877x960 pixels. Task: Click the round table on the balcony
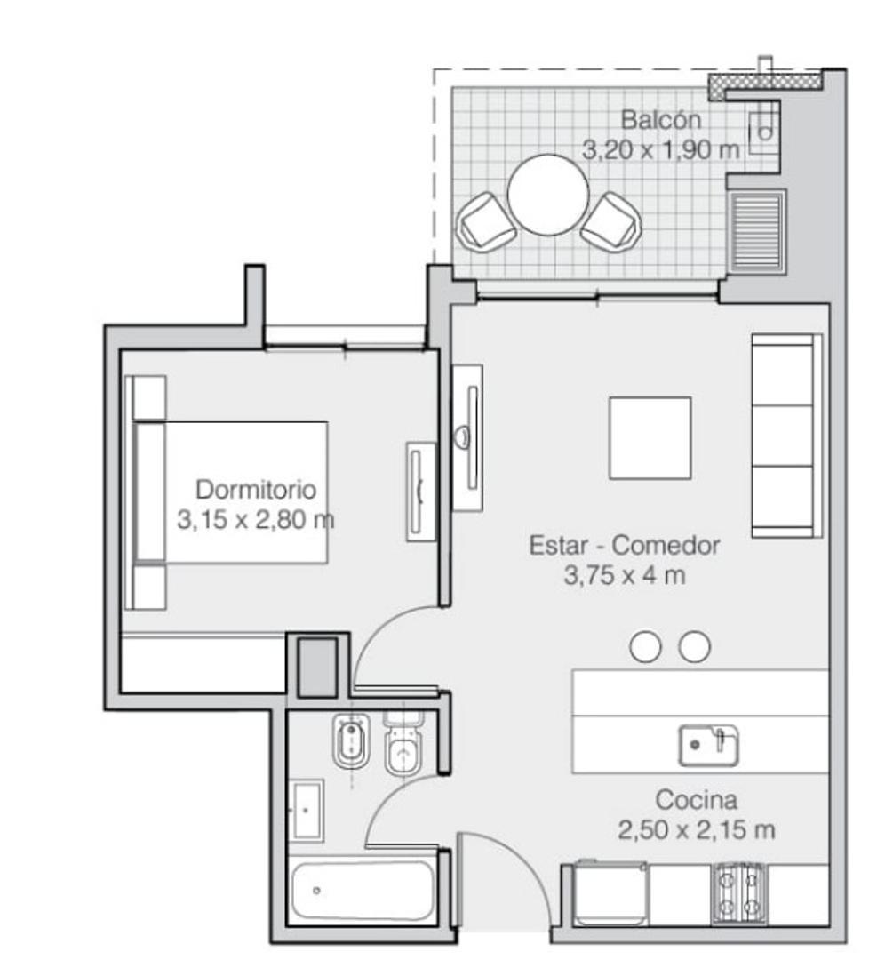(x=547, y=195)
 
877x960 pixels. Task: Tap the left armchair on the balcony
(x=485, y=221)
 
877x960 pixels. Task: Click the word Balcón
(x=660, y=119)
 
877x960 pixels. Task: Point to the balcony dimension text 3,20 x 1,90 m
(x=660, y=149)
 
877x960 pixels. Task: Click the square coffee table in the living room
(x=650, y=437)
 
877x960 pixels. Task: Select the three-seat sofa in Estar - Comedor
(x=785, y=436)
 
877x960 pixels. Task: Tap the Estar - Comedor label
(x=624, y=545)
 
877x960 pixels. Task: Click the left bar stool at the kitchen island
(x=645, y=647)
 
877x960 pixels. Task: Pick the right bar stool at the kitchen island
(x=694, y=647)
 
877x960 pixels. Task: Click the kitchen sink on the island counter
(x=708, y=745)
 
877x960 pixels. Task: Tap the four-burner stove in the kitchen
(x=737, y=892)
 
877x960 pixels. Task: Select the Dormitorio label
(x=256, y=489)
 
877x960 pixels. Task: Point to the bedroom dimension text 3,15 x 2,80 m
(x=256, y=520)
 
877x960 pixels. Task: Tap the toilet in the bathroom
(x=405, y=747)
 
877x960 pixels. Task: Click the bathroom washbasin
(x=307, y=810)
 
